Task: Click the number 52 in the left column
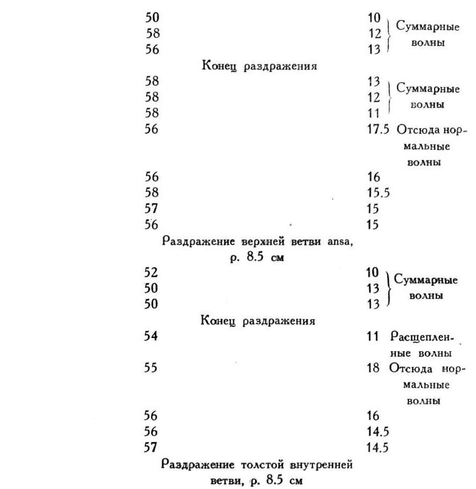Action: pos(152,273)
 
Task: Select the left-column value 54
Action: pos(152,337)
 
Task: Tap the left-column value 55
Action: pos(152,368)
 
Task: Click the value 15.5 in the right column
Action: pos(378,193)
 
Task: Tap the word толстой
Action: pos(261,465)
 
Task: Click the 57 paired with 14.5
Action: pos(152,448)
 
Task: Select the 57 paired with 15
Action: pos(152,209)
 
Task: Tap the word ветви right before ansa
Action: pos(306,241)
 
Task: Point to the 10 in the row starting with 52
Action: pos(373,273)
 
